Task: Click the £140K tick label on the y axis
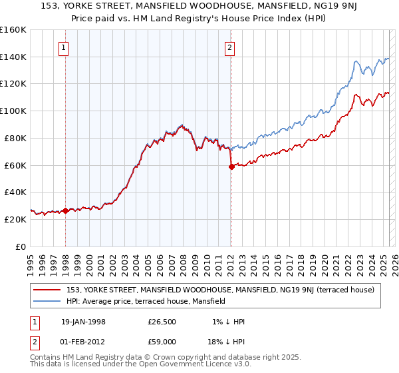point(13,57)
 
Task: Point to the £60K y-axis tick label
point(15,165)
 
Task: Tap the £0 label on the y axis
point(21,246)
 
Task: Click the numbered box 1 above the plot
point(64,47)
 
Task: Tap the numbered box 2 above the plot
point(229,47)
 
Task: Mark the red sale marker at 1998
point(66,210)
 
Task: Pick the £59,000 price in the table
point(162,340)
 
